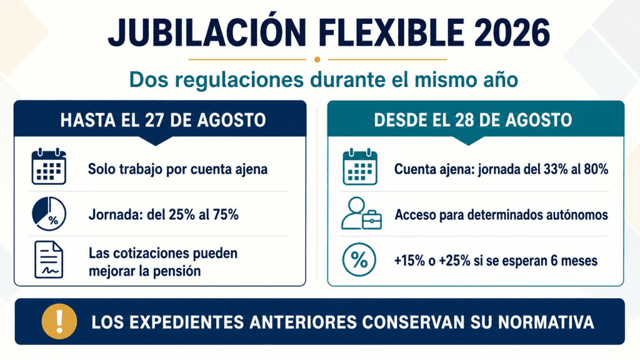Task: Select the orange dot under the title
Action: (x=317, y=59)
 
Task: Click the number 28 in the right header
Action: (x=464, y=120)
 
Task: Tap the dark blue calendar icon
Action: (x=49, y=166)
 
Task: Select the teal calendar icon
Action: (x=360, y=166)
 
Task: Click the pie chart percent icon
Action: (x=49, y=214)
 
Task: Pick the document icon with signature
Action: (x=49, y=260)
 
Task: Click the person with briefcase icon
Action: (x=361, y=214)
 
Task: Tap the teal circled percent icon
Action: (x=359, y=260)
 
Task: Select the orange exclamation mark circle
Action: (x=59, y=322)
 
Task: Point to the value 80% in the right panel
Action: (x=596, y=169)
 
